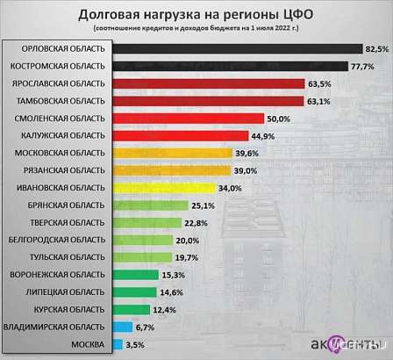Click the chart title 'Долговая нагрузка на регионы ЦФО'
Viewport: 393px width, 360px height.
(196, 14)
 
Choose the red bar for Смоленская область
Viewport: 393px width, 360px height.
(189, 118)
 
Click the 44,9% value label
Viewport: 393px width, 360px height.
(264, 135)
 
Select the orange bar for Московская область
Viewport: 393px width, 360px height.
(170, 152)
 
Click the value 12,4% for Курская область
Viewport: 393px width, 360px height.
(164, 308)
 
